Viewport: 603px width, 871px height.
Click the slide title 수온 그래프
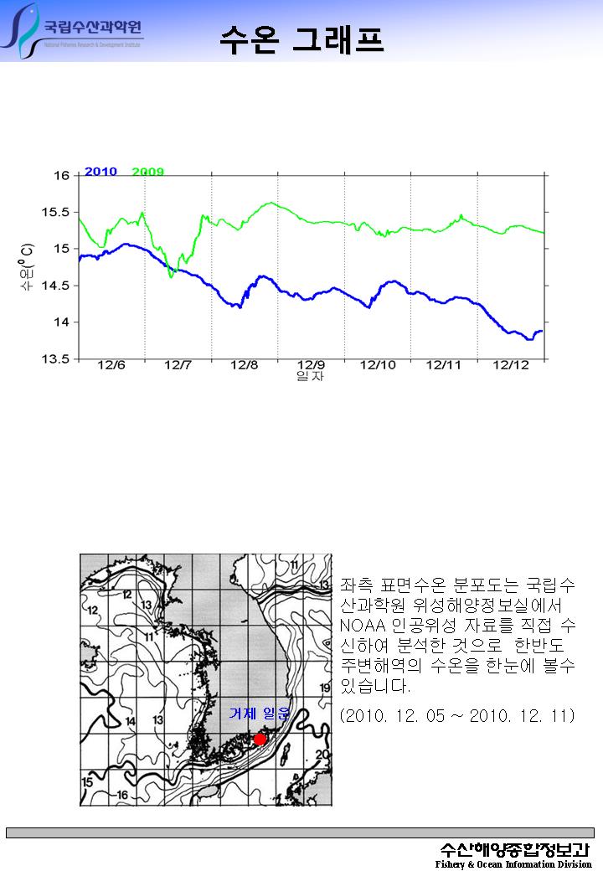point(301,39)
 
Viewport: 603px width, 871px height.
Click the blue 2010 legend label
point(100,172)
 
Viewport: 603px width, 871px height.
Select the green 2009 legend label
point(148,172)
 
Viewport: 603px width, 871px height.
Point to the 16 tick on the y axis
point(62,176)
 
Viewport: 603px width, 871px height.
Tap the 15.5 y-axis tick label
point(57,212)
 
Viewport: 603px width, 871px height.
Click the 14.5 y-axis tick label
point(57,286)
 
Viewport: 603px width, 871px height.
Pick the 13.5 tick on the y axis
point(57,359)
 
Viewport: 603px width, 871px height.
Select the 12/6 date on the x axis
point(111,365)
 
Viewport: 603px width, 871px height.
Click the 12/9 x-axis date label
point(311,365)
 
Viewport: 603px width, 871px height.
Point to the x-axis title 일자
point(311,377)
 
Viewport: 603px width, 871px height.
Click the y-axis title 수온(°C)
point(28,267)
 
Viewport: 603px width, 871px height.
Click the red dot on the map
point(260,739)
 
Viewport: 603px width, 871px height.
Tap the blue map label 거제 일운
point(259,714)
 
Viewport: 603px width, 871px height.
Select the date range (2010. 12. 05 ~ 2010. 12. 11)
point(457,716)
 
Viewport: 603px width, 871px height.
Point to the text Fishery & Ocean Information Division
point(513,864)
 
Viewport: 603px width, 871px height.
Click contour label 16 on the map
point(122,794)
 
